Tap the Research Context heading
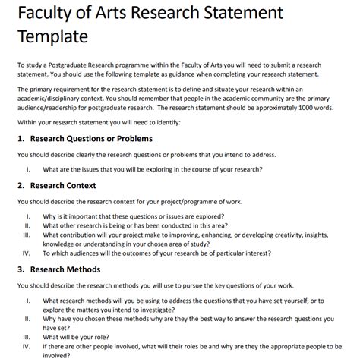click(x=63, y=185)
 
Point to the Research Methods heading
click(x=65, y=269)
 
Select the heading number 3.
click(x=21, y=269)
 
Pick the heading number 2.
click(x=21, y=185)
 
